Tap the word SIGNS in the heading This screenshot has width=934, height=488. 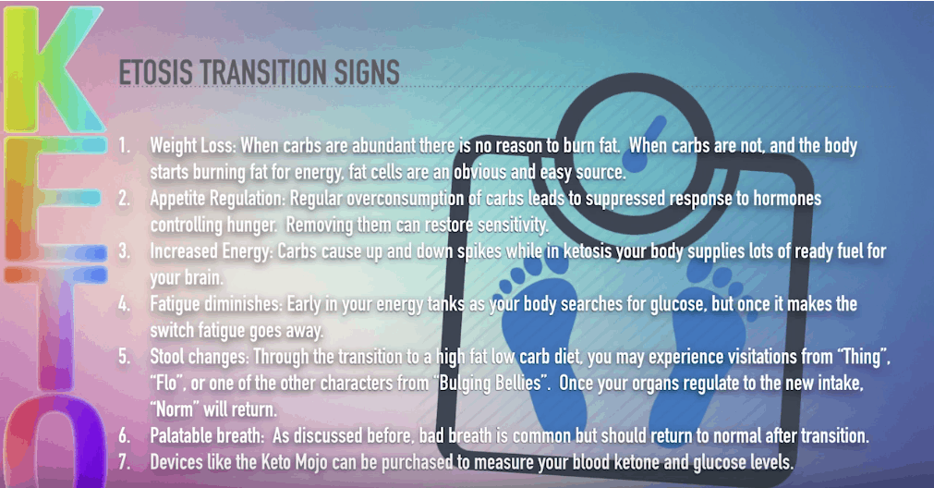pos(367,73)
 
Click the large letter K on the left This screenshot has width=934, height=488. pos(54,68)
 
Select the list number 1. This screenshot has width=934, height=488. pos(123,145)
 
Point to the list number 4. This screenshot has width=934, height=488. pos(123,304)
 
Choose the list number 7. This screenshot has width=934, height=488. pos(123,462)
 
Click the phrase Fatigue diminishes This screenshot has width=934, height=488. pos(215,304)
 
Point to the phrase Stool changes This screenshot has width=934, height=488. pos(199,357)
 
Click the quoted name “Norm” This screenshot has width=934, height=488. pos(175,409)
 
